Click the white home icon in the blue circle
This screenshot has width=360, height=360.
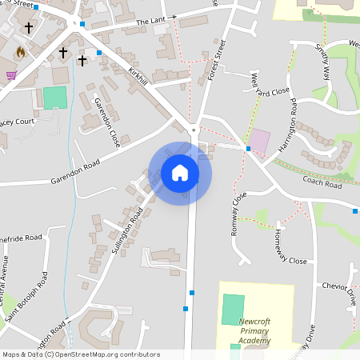point(179,172)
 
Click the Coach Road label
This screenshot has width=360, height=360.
point(322,183)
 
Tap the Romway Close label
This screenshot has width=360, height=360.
point(238,210)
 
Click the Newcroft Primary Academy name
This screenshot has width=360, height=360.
point(254,331)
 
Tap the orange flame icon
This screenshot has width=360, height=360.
point(20,51)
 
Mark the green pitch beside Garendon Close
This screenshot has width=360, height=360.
point(54,98)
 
